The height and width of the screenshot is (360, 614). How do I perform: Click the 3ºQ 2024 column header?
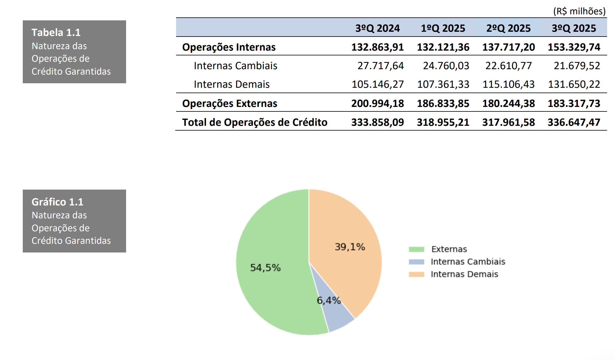377,28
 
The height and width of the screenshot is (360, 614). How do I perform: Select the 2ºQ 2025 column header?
508,28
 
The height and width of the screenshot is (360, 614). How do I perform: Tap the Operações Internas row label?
229,47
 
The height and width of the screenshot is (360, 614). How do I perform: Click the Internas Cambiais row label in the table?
235,66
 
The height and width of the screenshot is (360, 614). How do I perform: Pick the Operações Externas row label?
230,103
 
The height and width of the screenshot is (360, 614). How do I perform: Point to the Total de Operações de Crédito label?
255,122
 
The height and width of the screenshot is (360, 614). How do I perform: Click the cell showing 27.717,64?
380,66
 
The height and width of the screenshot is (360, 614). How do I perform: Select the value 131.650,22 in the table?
574,84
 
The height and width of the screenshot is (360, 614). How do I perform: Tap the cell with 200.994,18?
377,103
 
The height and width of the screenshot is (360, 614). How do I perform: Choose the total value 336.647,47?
574,122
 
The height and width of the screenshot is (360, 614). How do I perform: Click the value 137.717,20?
508,47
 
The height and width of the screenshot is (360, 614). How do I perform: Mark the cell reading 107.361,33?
443,84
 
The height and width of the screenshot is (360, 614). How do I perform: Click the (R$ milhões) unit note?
579,11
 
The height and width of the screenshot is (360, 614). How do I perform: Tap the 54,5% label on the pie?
265,267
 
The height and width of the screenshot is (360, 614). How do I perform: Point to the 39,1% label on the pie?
350,247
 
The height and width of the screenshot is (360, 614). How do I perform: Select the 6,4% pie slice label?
329,300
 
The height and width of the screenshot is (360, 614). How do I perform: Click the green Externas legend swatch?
416,249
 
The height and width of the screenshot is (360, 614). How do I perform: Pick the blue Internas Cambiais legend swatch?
416,262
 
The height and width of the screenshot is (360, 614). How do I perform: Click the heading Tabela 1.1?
56,32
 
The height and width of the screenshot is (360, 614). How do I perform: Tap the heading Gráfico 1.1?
57,202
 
